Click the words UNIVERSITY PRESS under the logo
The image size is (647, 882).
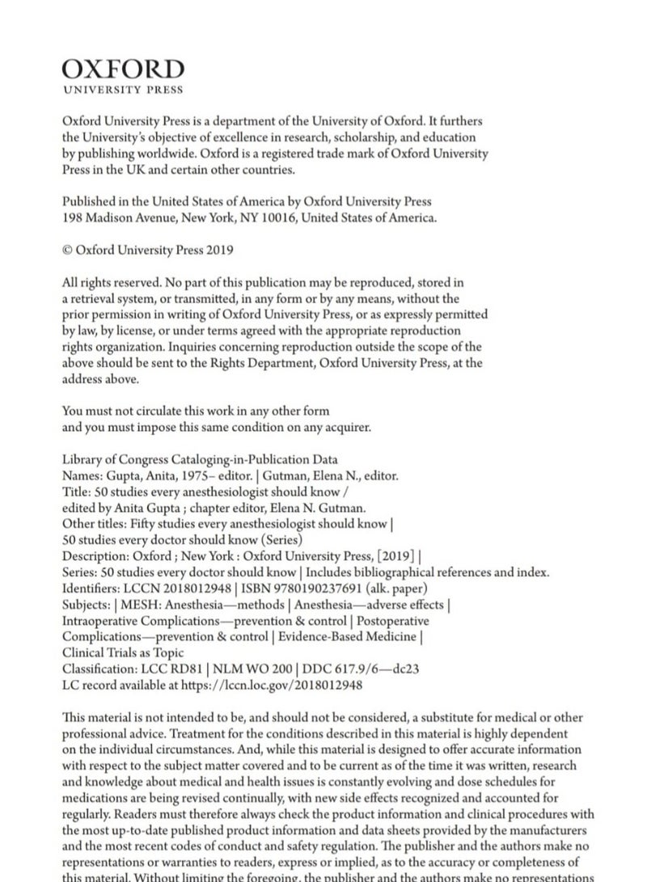pyautogui.click(x=123, y=90)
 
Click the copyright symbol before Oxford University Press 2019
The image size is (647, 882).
pyautogui.click(x=67, y=250)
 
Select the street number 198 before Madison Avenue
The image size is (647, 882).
pyautogui.click(x=72, y=217)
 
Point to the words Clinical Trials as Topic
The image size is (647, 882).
pyautogui.click(x=122, y=652)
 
